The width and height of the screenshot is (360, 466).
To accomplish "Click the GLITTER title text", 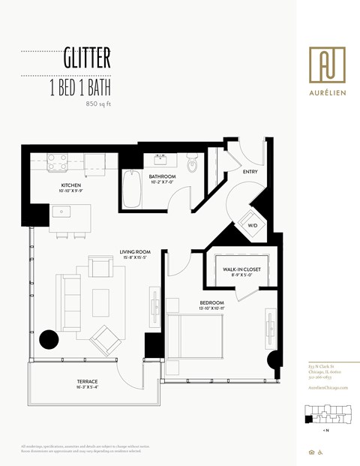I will (87, 57).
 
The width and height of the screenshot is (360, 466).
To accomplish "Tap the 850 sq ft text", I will (98, 104).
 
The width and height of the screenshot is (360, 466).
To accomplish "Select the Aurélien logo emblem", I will (327, 64).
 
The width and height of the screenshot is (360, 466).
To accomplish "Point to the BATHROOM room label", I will (162, 176).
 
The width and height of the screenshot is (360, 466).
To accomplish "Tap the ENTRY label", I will (250, 172).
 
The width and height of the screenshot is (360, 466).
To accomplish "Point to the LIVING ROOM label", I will (136, 252).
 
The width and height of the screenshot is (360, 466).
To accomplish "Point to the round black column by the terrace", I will (49, 340).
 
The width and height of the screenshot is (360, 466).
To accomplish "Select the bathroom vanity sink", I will (161, 159).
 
